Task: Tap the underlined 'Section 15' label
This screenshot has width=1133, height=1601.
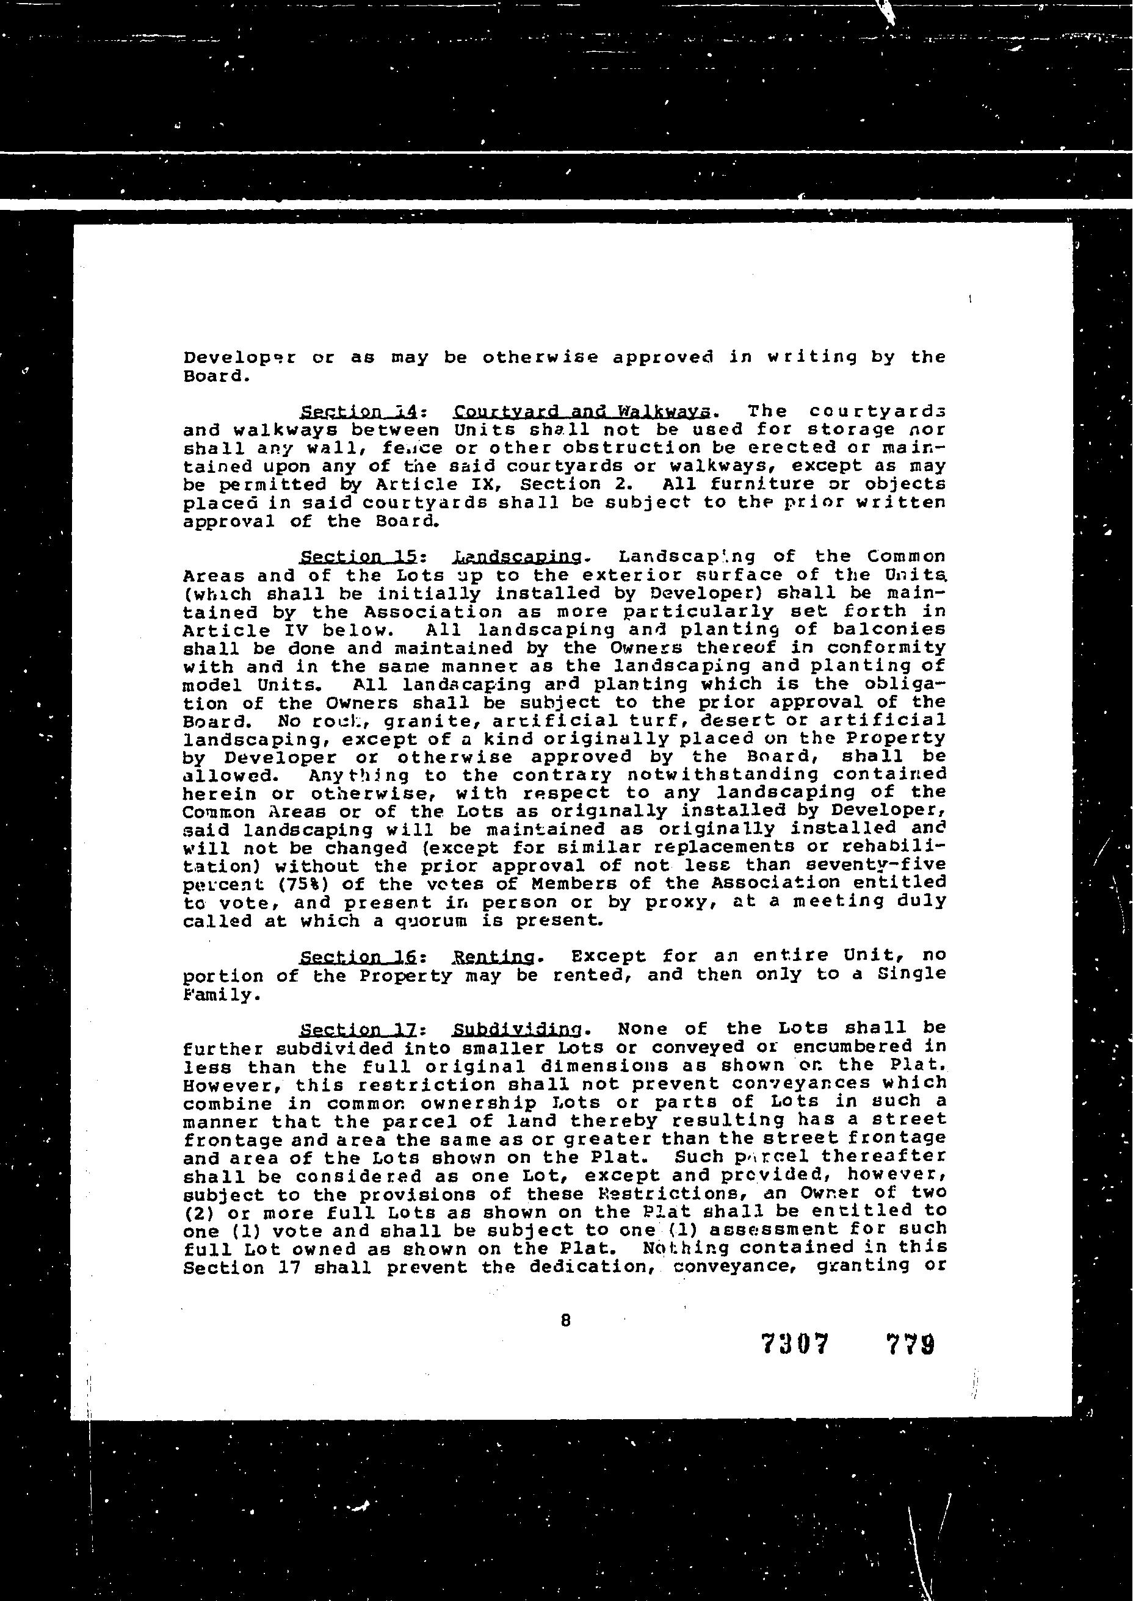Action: click(358, 557)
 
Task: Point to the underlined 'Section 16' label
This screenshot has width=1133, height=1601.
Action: click(358, 957)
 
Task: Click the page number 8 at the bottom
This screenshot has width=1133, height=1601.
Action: click(565, 1319)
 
